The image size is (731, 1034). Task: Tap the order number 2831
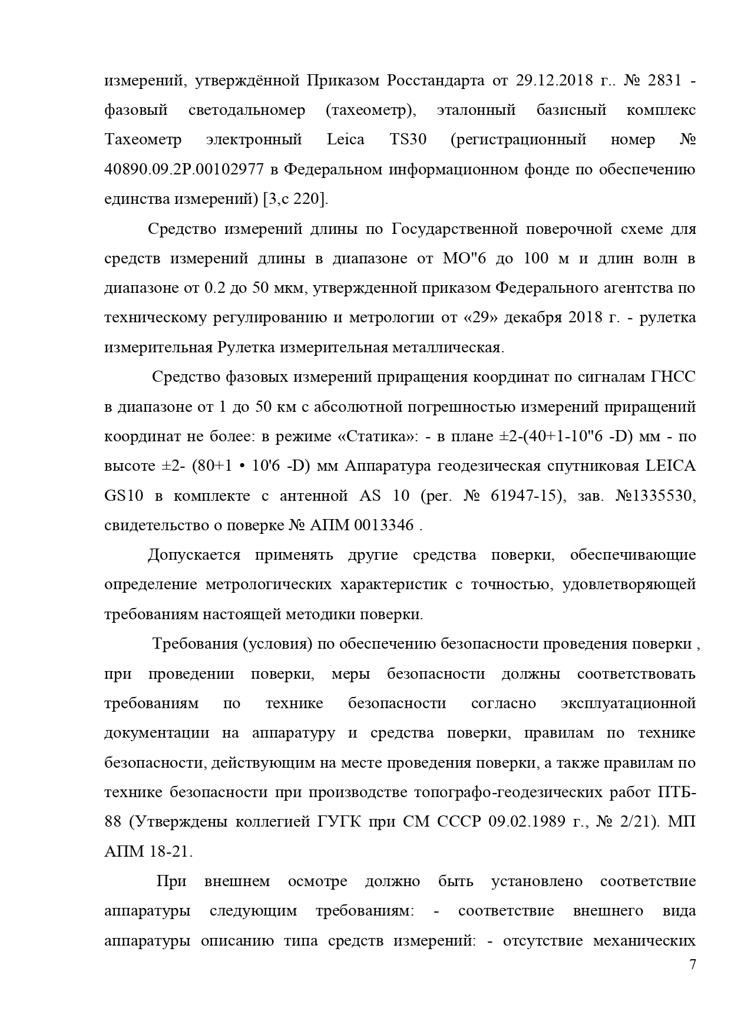(x=664, y=80)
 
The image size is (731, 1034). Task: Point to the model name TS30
(x=408, y=140)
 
